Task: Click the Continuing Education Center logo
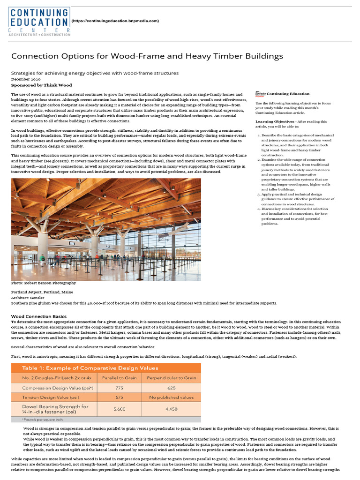point(39,21)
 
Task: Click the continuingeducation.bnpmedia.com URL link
point(115,21)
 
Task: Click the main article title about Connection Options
point(147,56)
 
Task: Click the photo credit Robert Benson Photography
point(44,283)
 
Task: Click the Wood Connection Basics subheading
point(39,316)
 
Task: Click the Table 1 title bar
point(106,368)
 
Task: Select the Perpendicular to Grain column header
point(171,378)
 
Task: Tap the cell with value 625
point(171,388)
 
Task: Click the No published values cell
point(171,398)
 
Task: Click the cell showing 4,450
point(171,409)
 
